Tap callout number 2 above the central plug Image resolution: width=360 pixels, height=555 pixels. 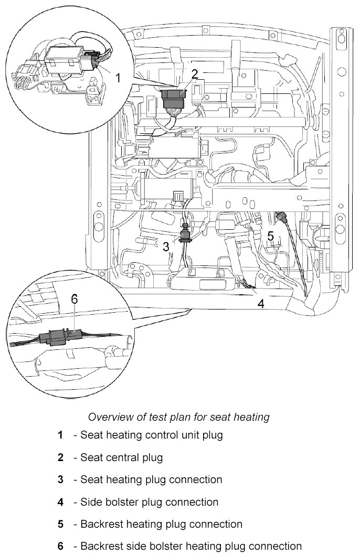[195, 74]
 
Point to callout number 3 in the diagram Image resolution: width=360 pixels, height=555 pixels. [166, 246]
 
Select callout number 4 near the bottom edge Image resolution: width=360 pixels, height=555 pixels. [260, 303]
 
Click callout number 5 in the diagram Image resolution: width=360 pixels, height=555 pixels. [270, 236]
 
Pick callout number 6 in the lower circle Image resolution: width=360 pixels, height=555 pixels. [74, 299]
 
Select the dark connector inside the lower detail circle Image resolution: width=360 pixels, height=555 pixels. [62, 336]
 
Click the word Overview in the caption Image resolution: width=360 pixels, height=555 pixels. [108, 418]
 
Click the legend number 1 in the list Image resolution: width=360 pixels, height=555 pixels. [60, 435]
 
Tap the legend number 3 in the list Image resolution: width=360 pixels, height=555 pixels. [60, 479]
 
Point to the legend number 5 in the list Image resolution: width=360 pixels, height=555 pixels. [60, 524]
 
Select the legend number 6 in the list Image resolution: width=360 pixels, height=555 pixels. [60, 547]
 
